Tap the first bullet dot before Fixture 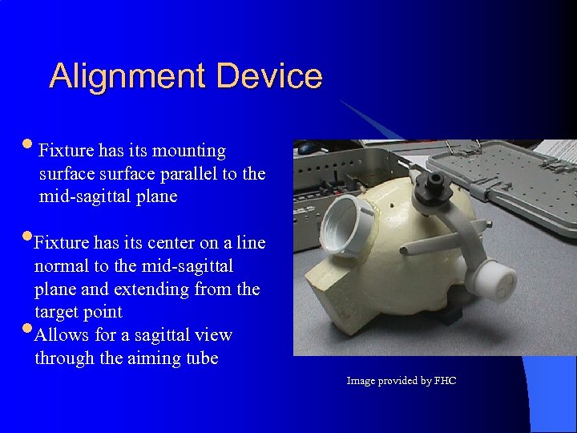pos(29,146)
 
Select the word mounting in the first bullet pos(188,151)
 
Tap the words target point pos(79,312)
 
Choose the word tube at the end pos(201,358)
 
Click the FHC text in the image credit pos(445,381)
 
